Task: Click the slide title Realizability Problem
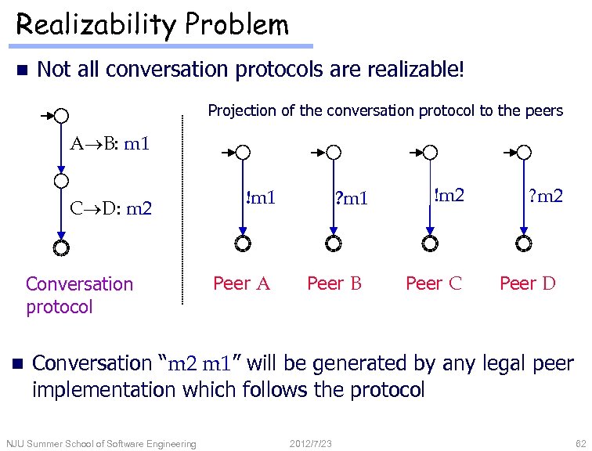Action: tap(153, 25)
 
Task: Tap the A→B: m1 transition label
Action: tap(110, 143)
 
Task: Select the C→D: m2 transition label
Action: tap(110, 208)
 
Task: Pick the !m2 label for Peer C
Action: tap(449, 195)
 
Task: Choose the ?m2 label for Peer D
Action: tap(545, 195)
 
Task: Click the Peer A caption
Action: tap(242, 283)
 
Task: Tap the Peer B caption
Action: tap(334, 283)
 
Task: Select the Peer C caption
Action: tap(433, 283)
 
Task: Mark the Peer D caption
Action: tap(528, 283)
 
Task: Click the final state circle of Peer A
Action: tap(243, 244)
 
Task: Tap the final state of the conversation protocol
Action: tap(61, 248)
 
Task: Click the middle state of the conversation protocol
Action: tap(61, 182)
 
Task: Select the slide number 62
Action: tap(580, 444)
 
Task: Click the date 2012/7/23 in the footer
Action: tap(311, 444)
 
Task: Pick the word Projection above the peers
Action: tap(240, 110)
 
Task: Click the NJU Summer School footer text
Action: tap(100, 444)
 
